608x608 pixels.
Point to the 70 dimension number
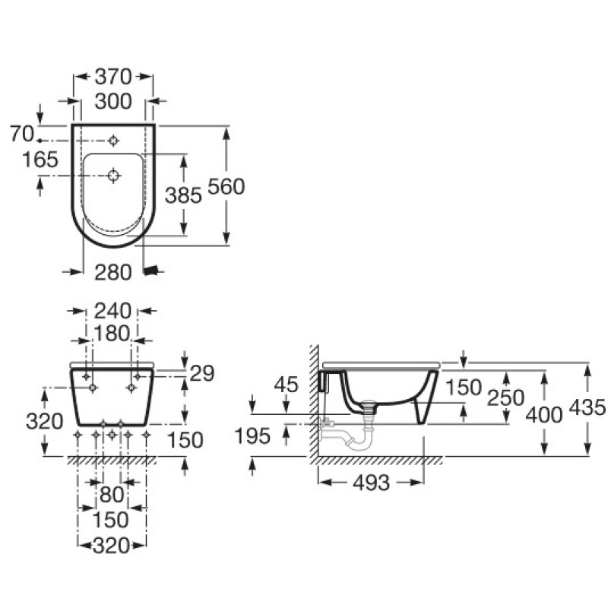[x=22, y=134]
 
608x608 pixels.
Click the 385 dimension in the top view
[x=183, y=195]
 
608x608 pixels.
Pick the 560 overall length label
[x=227, y=185]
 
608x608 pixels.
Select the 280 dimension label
[x=111, y=271]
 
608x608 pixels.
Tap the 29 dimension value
[x=201, y=373]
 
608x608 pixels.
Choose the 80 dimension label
[x=111, y=495]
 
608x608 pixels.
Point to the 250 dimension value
[x=507, y=397]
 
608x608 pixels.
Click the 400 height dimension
[x=543, y=415]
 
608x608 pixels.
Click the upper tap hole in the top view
[x=113, y=141]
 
